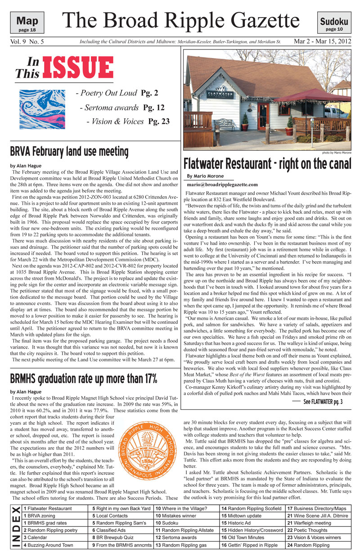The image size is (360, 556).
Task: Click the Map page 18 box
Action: [27, 23]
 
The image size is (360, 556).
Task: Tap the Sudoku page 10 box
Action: [334, 23]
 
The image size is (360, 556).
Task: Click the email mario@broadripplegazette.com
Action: [222, 184]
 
